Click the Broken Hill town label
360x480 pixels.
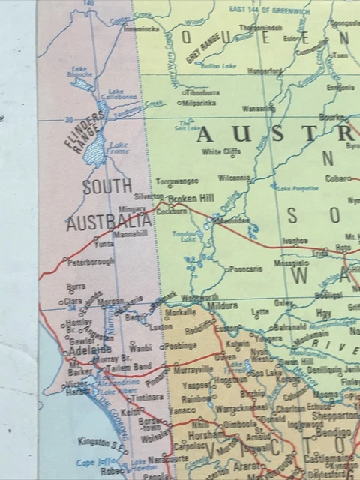point(191,199)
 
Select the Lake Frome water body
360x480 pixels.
point(95,154)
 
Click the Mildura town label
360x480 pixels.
point(223,305)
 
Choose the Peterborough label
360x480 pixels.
point(91,262)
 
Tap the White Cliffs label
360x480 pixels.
point(222,152)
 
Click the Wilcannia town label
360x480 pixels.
point(234,178)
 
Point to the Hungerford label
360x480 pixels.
point(265,70)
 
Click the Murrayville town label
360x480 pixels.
point(193,370)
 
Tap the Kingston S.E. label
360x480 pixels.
point(103,442)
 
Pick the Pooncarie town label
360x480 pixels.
point(245,268)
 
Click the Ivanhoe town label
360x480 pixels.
point(295,241)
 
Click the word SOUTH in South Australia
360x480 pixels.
point(107,187)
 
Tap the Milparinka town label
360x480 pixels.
point(199,102)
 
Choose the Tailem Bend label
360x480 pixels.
point(131,366)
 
